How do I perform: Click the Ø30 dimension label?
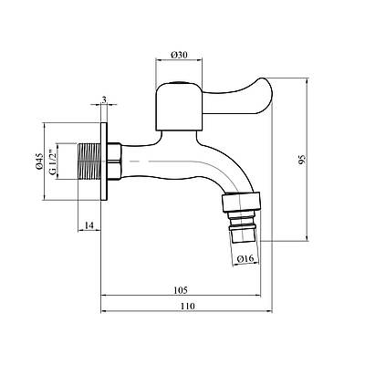pyautogui.click(x=179, y=55)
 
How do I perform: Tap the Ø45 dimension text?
pyautogui.click(x=39, y=162)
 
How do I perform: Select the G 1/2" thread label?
pyautogui.click(x=52, y=162)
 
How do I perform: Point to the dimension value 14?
pyautogui.click(x=89, y=225)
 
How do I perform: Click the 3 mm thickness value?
pyautogui.click(x=104, y=100)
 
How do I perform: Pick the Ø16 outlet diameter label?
pyautogui.click(x=245, y=259)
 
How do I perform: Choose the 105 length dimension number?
pyautogui.click(x=181, y=290)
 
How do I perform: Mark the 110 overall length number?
pyautogui.click(x=187, y=307)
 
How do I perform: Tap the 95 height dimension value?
pyautogui.click(x=302, y=160)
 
